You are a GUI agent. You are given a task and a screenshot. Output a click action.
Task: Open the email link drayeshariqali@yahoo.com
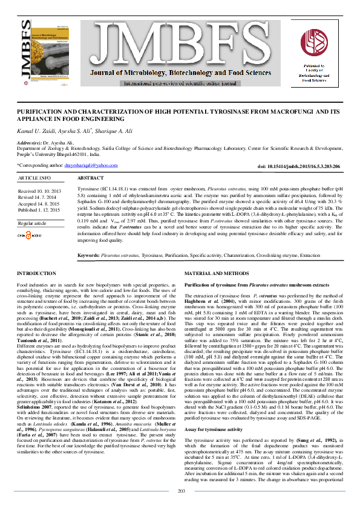pos(91,165)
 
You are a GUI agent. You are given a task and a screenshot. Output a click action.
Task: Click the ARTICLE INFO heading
pos(34,178)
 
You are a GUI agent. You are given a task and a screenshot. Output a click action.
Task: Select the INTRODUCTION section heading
pos(36,274)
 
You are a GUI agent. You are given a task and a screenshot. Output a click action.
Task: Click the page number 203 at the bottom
pos(180,490)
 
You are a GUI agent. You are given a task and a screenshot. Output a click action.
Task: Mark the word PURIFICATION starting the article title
pos(38,113)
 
